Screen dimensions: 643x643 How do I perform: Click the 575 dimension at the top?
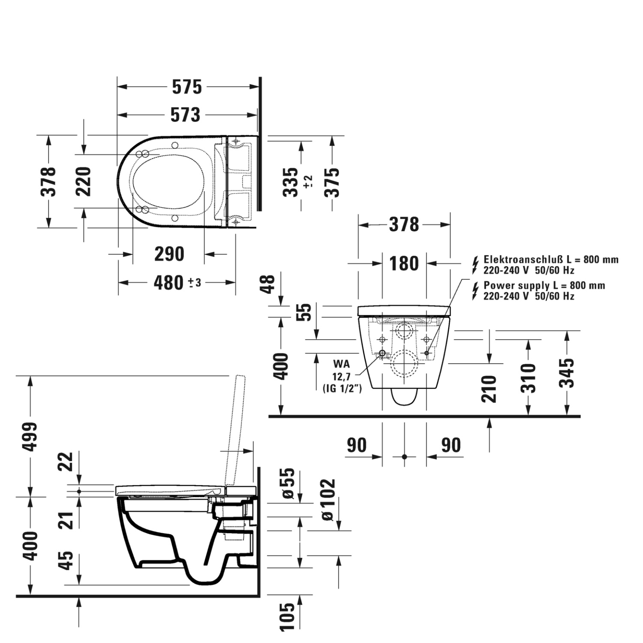pyautogui.click(x=187, y=87)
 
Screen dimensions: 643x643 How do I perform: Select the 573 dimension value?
pyautogui.click(x=185, y=115)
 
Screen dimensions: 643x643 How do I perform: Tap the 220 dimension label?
pyautogui.click(x=84, y=181)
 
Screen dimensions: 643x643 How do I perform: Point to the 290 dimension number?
pyautogui.click(x=169, y=254)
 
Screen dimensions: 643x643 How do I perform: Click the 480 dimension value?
pyautogui.click(x=169, y=283)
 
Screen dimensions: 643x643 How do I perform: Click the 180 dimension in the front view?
pyautogui.click(x=404, y=263)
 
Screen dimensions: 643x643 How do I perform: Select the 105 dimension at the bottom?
pyautogui.click(x=288, y=617)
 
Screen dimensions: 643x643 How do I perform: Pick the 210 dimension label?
pyautogui.click(x=489, y=389)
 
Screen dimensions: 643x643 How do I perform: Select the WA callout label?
pyautogui.click(x=342, y=364)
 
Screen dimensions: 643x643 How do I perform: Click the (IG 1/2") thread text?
pyautogui.click(x=342, y=389)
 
